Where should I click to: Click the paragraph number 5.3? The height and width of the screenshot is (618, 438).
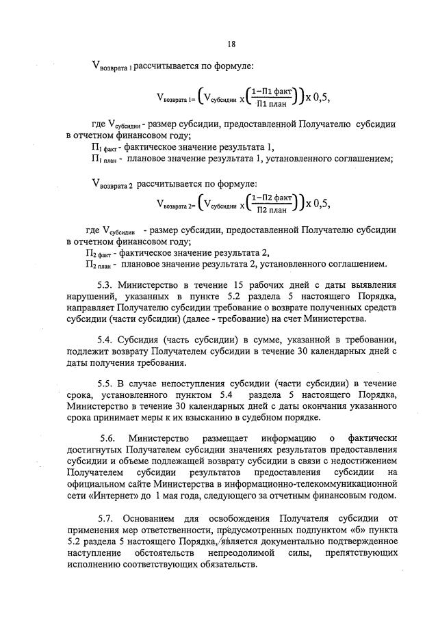tap(107, 284)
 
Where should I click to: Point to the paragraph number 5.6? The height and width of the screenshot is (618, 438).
tap(108, 437)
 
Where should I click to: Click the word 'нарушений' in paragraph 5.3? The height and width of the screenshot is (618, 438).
tap(91, 295)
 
